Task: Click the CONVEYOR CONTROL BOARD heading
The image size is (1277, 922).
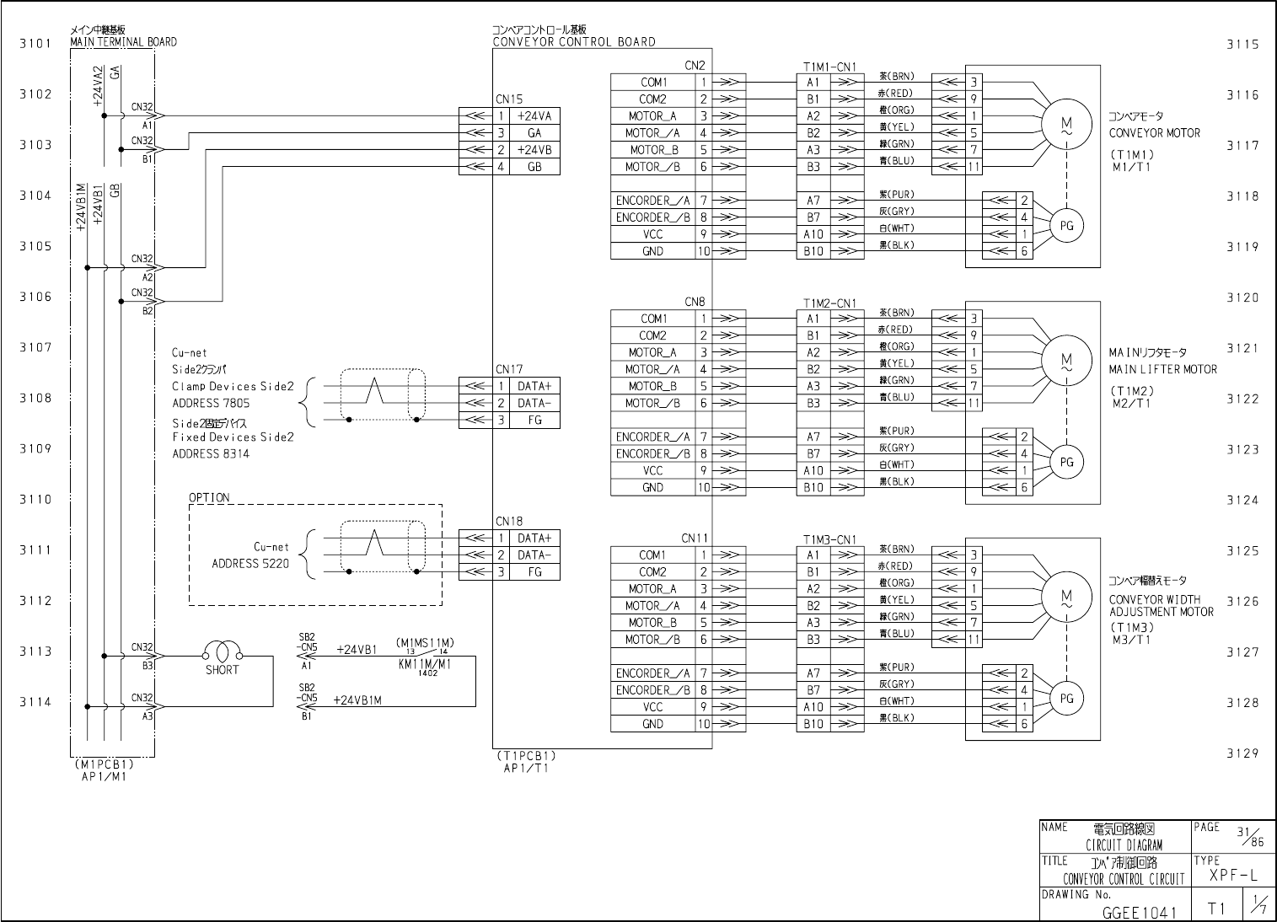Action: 573,41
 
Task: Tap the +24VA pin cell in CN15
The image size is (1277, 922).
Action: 534,116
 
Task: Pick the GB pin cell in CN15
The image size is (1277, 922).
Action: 534,167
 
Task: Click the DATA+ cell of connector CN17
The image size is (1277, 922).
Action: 534,386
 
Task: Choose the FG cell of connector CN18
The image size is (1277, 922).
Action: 534,572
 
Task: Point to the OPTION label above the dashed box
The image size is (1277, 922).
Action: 209,497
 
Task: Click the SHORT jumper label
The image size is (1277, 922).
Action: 222,670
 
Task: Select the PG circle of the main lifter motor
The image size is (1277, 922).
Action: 1066,462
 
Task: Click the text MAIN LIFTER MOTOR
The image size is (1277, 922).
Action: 1162,369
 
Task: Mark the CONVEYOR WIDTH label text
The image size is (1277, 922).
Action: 1155,599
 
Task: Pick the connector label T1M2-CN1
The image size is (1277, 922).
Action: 829,303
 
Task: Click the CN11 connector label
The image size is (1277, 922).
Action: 695,539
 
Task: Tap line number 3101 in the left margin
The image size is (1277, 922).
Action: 35,43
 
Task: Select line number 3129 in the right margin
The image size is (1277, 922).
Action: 1242,753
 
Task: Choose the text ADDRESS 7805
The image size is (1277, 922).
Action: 211,403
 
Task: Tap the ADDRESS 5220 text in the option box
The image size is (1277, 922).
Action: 250,564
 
